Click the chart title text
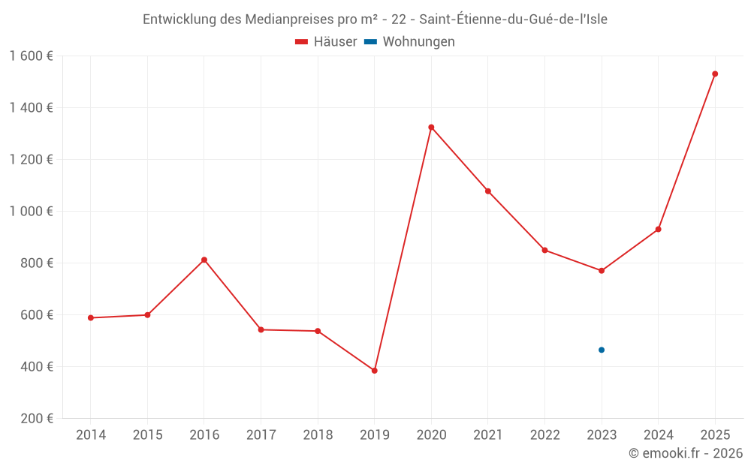[x=375, y=20]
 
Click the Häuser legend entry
[x=326, y=42]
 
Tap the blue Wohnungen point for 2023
[x=602, y=350]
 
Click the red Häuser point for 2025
[x=715, y=74]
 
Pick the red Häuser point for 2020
[x=431, y=127]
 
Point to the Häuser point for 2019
[x=374, y=371]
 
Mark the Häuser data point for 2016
[x=204, y=260]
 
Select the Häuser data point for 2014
[x=91, y=317]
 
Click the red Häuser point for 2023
[x=602, y=271]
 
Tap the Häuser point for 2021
[x=488, y=191]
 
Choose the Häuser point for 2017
[x=261, y=329]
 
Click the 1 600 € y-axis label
[x=31, y=56]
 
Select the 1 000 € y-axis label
[x=31, y=212]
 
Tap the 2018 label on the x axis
[x=318, y=435]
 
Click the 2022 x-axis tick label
[x=544, y=435]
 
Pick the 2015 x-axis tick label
[x=147, y=435]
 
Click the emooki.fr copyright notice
[x=685, y=453]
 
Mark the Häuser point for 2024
[x=659, y=229]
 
